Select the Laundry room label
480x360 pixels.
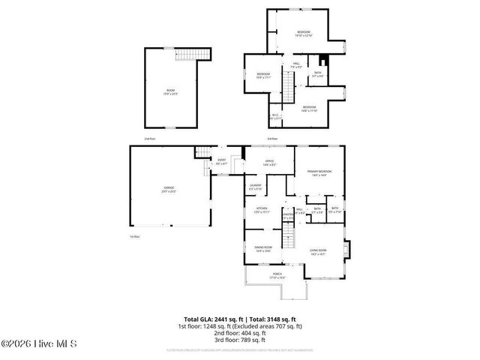[x=255, y=187]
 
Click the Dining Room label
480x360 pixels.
[x=262, y=248]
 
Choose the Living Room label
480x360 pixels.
[x=318, y=251]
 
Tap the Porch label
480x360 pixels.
[x=277, y=275]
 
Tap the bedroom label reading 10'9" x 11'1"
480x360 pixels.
[x=264, y=75]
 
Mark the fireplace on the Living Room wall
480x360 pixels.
[x=345, y=247]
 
